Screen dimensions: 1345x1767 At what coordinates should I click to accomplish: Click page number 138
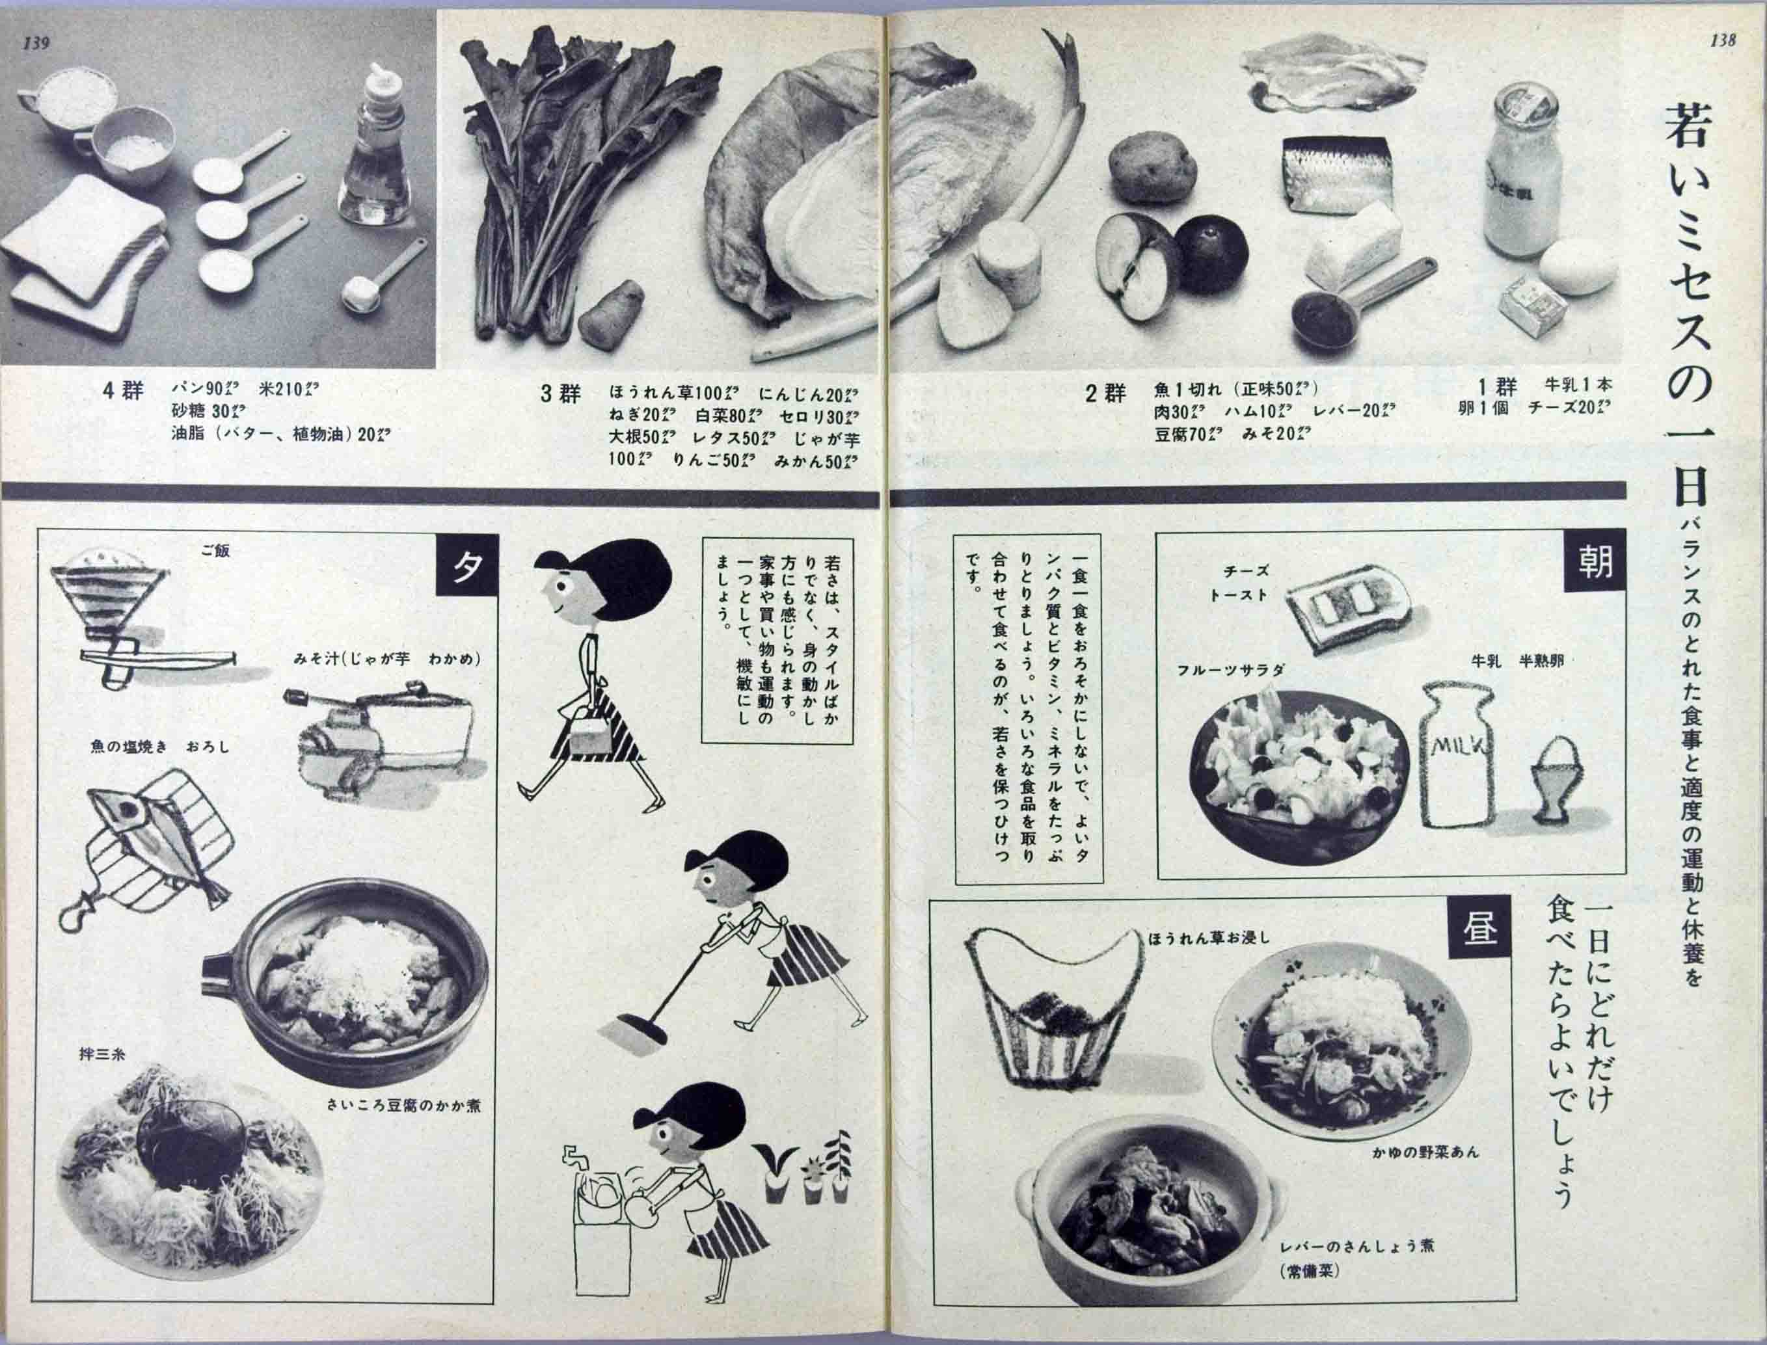[1722, 41]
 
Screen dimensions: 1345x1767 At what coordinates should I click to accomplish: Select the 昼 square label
[1479, 929]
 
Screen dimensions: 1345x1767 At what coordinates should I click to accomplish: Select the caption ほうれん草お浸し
[1208, 937]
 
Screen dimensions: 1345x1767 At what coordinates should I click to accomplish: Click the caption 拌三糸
[101, 1054]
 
